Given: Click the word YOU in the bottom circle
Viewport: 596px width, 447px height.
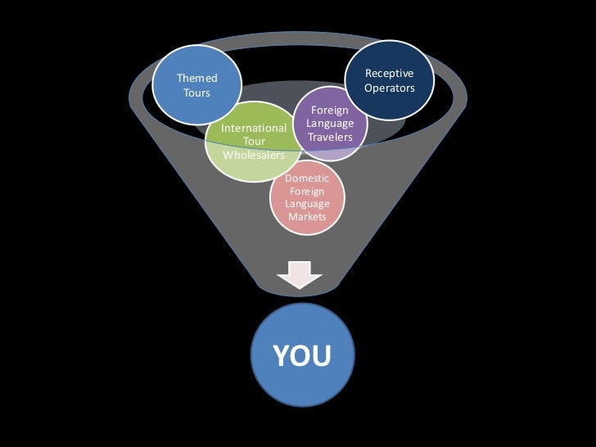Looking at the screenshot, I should [301, 356].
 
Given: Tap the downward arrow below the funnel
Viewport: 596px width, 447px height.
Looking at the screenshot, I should [300, 274].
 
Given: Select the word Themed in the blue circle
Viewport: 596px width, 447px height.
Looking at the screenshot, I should [197, 79].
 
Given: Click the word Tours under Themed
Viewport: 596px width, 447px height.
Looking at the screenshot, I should [197, 93].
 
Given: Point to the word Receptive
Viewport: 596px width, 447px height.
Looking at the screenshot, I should [390, 74].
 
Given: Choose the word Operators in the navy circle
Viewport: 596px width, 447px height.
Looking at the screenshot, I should [390, 88].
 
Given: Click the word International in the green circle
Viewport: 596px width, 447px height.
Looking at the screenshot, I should [254, 128].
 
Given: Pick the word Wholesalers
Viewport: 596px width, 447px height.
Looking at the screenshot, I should [254, 155].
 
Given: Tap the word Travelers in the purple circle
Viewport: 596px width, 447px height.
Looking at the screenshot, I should [330, 137].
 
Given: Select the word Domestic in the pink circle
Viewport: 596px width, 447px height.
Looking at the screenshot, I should [307, 178].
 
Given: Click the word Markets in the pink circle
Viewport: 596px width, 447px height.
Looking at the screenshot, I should [307, 217].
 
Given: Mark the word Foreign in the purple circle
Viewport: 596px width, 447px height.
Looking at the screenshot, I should [330, 110].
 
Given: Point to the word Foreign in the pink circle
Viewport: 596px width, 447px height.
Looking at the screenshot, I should [307, 191].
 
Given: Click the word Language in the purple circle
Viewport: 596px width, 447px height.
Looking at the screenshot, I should [330, 124].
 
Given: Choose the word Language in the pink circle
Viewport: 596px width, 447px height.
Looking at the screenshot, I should [307, 204].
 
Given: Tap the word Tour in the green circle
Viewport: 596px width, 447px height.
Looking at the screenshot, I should [254, 142].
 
